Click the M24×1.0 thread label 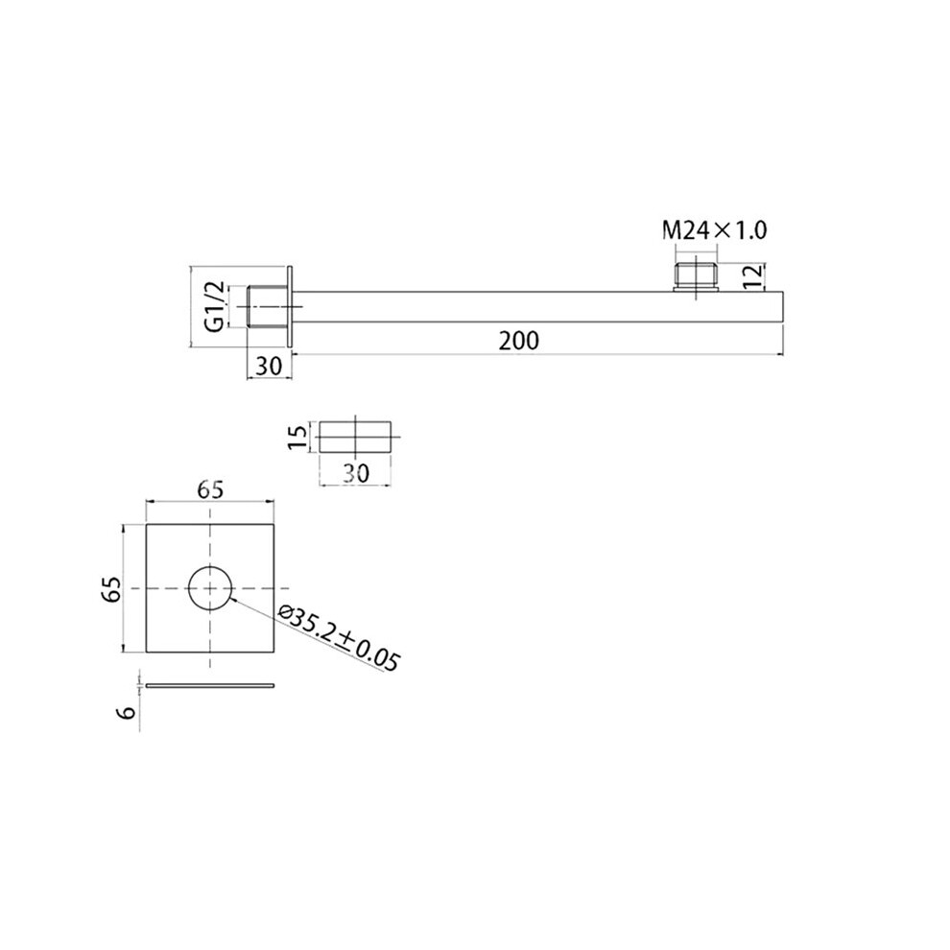coord(714,230)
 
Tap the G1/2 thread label coord(215,306)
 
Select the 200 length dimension coord(518,341)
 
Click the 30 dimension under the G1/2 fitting coord(270,366)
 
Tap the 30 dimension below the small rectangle coord(356,473)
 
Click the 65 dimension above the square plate coord(209,489)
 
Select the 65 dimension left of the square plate coord(111,588)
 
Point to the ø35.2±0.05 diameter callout coord(340,638)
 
